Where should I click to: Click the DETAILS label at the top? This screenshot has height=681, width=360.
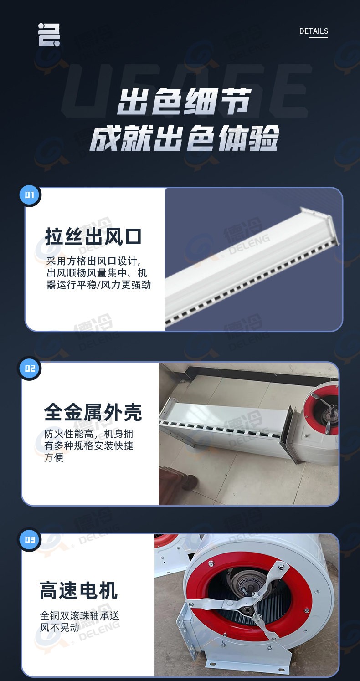tap(314, 31)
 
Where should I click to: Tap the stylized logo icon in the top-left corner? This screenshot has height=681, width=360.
tap(49, 35)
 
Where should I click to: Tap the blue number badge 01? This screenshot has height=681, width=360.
tap(30, 195)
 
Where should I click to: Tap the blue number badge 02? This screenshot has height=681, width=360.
tap(30, 368)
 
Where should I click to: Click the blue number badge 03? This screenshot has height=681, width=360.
tap(30, 540)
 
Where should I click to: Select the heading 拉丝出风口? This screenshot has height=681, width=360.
tap(93, 237)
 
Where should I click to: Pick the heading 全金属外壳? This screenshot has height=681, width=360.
tap(93, 412)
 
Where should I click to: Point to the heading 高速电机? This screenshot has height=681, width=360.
tap(78, 590)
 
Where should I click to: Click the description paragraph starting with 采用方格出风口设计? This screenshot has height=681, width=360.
tap(98, 273)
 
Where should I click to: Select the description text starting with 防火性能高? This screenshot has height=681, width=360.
tap(89, 445)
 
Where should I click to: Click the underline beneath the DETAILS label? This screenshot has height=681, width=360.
tap(319, 37)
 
